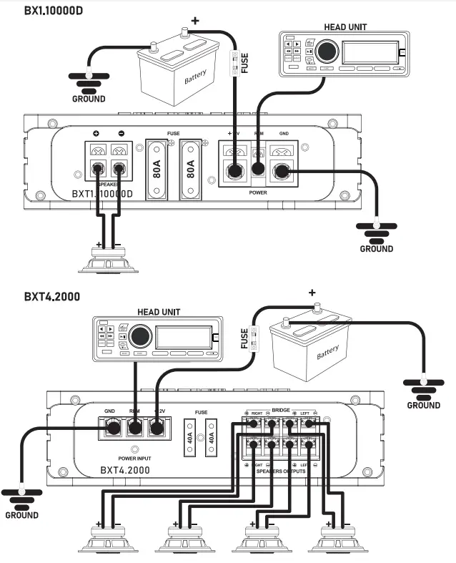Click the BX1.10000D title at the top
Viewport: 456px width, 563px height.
click(x=54, y=11)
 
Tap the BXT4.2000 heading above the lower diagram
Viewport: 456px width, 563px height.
click(x=51, y=295)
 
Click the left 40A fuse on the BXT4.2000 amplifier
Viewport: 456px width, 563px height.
click(x=189, y=439)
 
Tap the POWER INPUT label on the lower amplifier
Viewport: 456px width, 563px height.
click(x=134, y=458)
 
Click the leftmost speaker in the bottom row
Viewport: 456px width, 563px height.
click(x=109, y=538)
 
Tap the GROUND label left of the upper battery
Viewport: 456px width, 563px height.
click(x=89, y=99)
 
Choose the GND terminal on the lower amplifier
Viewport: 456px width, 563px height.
click(x=111, y=429)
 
